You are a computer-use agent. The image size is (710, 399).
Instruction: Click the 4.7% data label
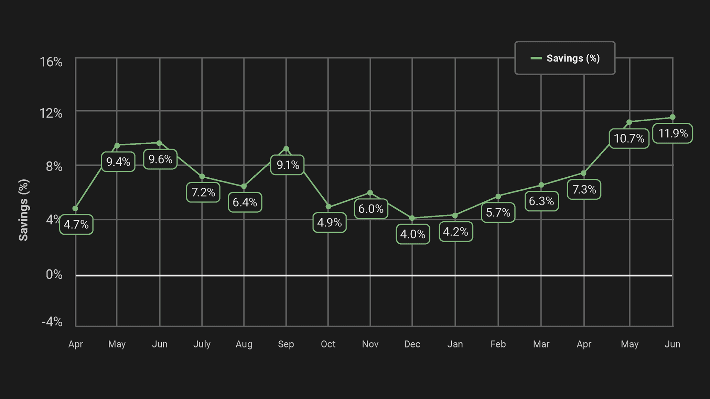[x=76, y=224]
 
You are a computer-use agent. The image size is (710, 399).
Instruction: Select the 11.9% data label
[x=673, y=133]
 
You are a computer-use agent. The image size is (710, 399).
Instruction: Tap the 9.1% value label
[x=288, y=165]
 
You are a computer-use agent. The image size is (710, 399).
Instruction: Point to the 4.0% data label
[x=413, y=234]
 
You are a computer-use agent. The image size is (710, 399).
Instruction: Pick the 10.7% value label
[x=629, y=138]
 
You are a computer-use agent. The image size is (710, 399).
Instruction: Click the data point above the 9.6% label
[x=159, y=143]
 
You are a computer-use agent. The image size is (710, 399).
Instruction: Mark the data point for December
[x=412, y=218]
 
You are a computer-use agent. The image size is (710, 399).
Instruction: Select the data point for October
[x=328, y=207]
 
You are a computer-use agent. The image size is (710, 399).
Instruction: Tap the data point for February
[x=498, y=197]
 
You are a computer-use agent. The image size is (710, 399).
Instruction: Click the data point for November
[x=370, y=193]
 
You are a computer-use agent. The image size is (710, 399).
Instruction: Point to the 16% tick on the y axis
[x=51, y=62]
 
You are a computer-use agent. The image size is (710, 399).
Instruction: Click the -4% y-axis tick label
[x=52, y=322]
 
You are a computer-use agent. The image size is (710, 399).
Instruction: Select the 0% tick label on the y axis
[x=54, y=275]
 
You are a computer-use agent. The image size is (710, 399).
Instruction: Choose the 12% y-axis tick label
[x=51, y=113]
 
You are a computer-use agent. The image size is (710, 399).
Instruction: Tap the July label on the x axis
[x=202, y=344]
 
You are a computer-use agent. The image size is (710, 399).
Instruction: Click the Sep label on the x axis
[x=286, y=344]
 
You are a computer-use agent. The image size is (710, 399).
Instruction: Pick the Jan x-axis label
[x=455, y=344]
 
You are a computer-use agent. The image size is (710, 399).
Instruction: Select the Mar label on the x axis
[x=541, y=344]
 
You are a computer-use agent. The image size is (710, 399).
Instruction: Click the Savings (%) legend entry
[x=566, y=58]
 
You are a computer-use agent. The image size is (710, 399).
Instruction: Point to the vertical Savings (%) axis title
[x=23, y=210]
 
